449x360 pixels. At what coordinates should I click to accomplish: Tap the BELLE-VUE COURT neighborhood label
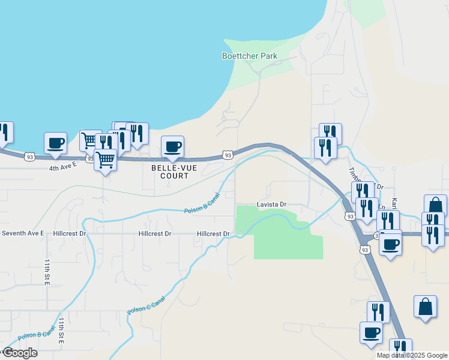pyautogui.click(x=170, y=172)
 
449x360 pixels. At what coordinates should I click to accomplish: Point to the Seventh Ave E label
pyautogui.click(x=22, y=233)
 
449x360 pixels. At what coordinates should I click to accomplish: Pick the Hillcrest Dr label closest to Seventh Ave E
pyautogui.click(x=70, y=233)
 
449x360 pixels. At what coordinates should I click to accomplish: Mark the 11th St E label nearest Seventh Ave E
pyautogui.click(x=47, y=273)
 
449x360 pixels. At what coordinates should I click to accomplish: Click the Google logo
pyautogui.click(x=19, y=353)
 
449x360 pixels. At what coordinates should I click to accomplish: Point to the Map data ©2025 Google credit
pyautogui.click(x=412, y=355)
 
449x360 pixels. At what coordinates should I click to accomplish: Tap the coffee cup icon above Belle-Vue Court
pyautogui.click(x=172, y=147)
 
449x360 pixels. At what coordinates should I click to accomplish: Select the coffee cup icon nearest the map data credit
pyautogui.click(x=371, y=332)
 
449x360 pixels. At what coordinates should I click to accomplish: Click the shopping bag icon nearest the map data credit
pyautogui.click(x=425, y=307)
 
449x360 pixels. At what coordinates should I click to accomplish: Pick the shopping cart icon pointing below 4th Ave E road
pyautogui.click(x=106, y=160)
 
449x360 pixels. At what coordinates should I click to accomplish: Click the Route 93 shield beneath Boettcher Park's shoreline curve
pyautogui.click(x=228, y=155)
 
